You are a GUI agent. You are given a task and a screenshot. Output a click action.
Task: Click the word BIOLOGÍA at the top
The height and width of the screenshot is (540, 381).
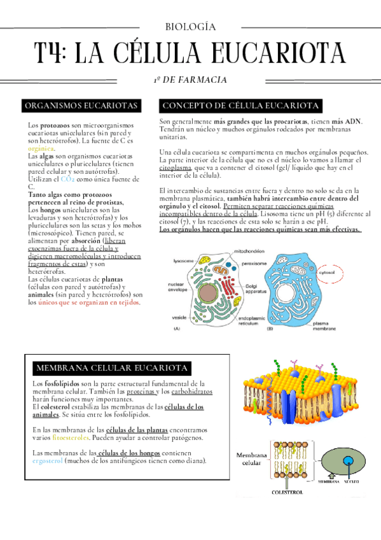coord(190,27)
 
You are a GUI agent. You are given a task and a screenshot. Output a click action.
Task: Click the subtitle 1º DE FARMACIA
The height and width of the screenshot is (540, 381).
coord(190,80)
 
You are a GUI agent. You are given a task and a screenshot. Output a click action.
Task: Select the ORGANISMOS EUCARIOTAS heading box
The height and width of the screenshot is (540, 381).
coord(80,105)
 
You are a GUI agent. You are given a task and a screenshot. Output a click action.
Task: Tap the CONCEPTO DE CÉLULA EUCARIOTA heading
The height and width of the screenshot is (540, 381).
coord(241,105)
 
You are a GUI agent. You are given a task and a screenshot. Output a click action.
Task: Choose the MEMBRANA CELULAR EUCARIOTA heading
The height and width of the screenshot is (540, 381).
coord(112,368)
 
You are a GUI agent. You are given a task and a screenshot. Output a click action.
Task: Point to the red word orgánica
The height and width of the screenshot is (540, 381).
coord(41,147)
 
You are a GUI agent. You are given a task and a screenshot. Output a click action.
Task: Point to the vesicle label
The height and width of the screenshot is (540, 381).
coord(179,316)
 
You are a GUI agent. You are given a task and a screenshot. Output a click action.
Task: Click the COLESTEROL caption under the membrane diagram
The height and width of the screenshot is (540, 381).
coord(291,492)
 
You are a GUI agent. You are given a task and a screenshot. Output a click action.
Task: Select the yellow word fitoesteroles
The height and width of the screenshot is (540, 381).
coord(71,437)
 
